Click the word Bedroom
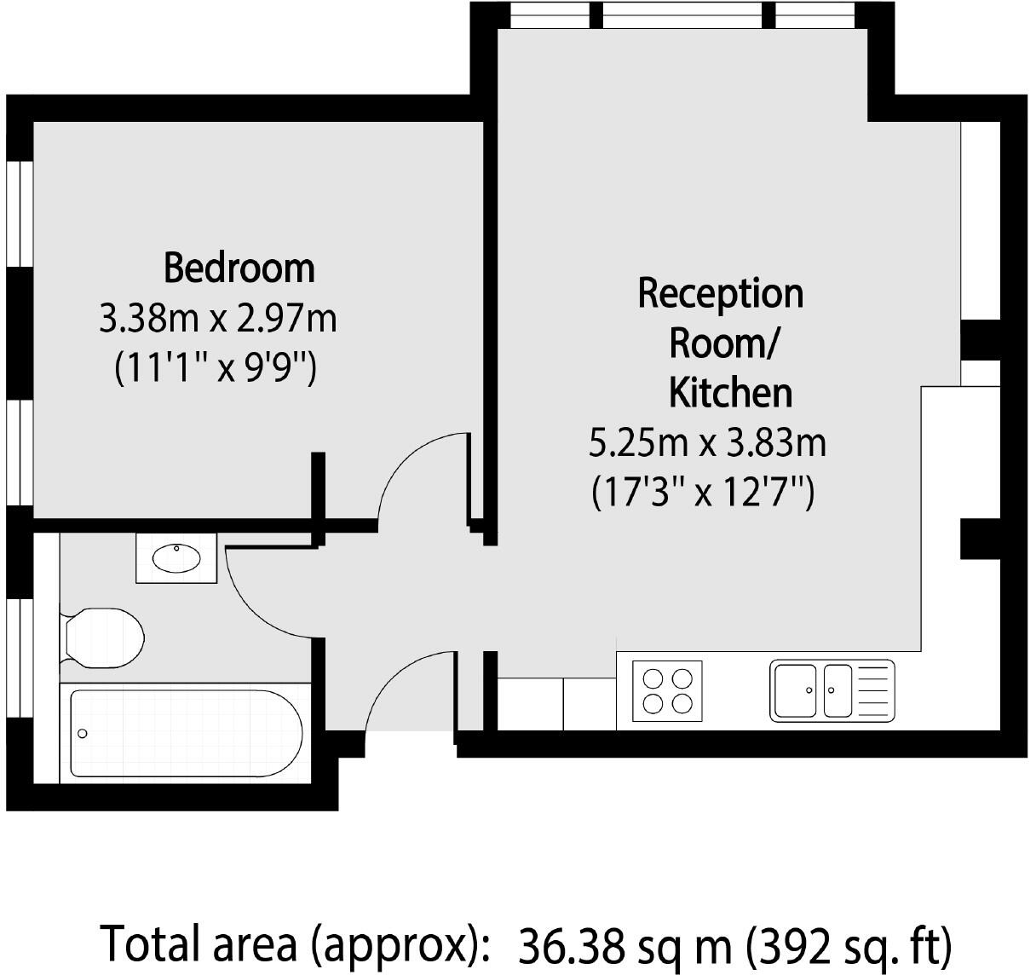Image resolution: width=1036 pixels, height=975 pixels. tap(239, 268)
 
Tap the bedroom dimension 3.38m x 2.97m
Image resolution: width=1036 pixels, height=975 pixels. tap(218, 319)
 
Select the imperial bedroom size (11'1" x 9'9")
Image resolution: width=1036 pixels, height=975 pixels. tap(216, 369)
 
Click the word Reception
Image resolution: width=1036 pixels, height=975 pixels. tap(720, 293)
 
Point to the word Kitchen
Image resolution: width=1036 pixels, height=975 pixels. tap(730, 393)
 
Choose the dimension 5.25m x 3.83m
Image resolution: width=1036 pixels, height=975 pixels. tap(707, 443)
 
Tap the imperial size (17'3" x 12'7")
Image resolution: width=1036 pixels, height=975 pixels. tap(703, 493)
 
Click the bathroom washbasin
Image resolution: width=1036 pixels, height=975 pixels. tap(176, 558)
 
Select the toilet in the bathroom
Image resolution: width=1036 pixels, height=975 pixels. tap(102, 637)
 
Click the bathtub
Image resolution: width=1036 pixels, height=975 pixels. tap(186, 733)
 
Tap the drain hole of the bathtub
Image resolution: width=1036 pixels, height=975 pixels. tap(83, 734)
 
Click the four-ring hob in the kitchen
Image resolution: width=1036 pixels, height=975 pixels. tap(668, 691)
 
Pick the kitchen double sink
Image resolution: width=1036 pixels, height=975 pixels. tap(812, 690)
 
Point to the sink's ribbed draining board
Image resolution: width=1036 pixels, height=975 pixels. tap(873, 690)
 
